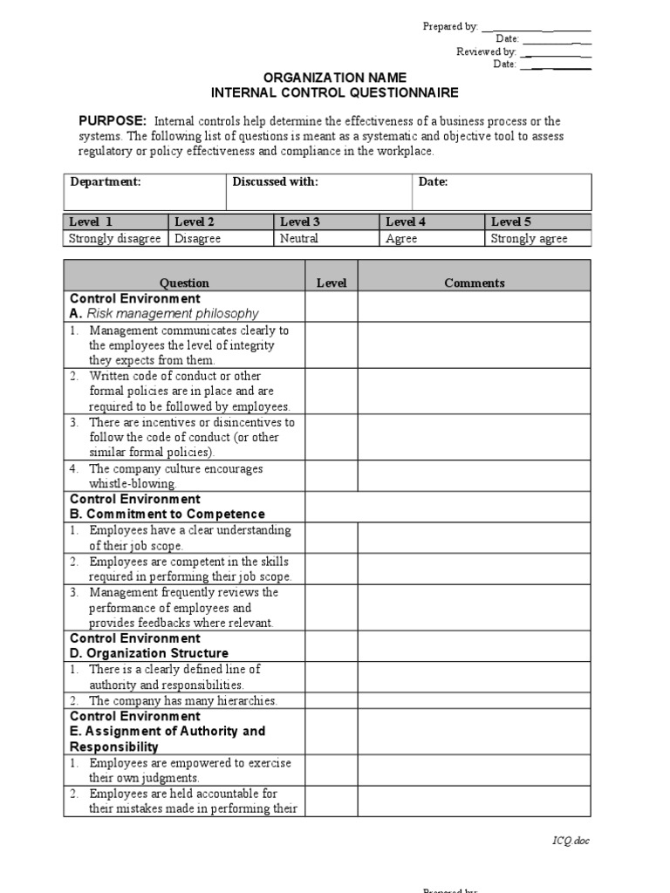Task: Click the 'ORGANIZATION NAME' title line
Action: (x=334, y=78)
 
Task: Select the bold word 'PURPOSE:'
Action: (x=112, y=121)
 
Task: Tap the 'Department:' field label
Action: (x=106, y=181)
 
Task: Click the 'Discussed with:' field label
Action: (x=275, y=181)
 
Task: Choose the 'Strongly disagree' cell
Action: (x=115, y=238)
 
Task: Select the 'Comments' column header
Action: (x=474, y=283)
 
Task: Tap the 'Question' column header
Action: (x=184, y=283)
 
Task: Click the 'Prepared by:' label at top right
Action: (x=450, y=27)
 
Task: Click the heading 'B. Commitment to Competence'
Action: (x=167, y=515)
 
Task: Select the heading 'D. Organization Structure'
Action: (x=149, y=653)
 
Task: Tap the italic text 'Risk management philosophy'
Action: (x=173, y=313)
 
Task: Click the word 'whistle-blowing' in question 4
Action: (x=133, y=484)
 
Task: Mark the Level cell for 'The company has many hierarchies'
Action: (x=331, y=700)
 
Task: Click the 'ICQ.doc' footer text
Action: (x=571, y=841)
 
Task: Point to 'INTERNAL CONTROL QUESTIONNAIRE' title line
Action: (x=334, y=93)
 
